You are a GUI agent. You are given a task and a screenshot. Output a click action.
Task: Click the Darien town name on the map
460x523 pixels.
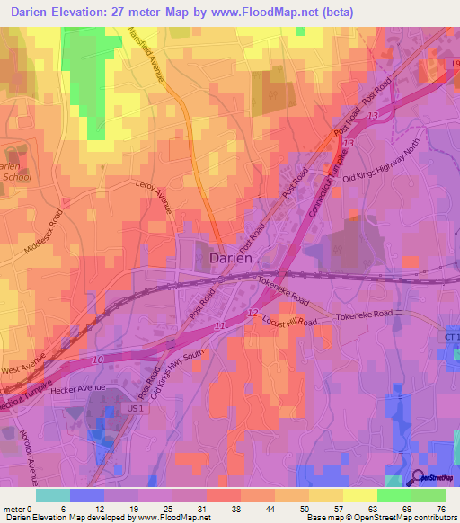(x=230, y=257)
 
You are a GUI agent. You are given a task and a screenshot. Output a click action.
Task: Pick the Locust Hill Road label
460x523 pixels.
(x=287, y=321)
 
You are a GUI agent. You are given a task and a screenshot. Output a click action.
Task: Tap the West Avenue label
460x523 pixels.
(x=22, y=368)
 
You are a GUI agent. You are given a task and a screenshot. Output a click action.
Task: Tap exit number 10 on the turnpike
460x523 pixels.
(x=99, y=359)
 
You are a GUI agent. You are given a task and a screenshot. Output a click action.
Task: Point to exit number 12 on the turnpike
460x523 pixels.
(x=252, y=312)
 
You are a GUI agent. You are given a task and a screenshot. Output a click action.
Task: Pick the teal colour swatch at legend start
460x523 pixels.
(x=53, y=495)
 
